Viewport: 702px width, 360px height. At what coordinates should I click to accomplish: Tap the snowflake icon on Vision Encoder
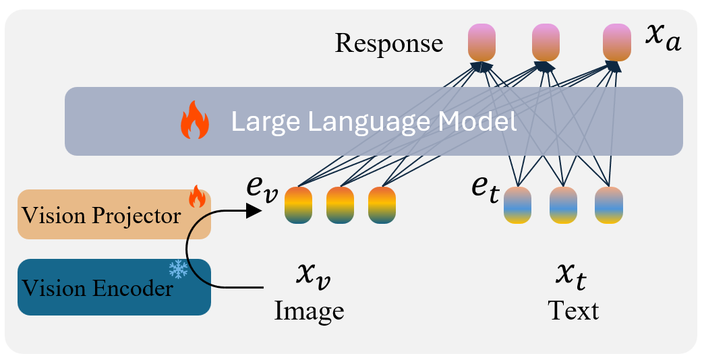(x=179, y=270)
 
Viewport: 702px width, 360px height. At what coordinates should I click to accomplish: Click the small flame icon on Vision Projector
(x=196, y=198)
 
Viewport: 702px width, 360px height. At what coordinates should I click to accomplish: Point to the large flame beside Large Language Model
(x=195, y=121)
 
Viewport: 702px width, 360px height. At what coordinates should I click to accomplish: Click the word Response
(x=389, y=43)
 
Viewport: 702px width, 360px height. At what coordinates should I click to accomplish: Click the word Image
(x=310, y=311)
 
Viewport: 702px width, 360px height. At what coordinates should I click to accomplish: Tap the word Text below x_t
(x=573, y=311)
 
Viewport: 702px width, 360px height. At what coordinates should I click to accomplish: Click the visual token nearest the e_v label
(x=298, y=205)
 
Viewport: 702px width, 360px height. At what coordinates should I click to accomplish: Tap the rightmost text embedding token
(x=608, y=205)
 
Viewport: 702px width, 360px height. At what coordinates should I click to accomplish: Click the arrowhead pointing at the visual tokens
(x=254, y=211)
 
